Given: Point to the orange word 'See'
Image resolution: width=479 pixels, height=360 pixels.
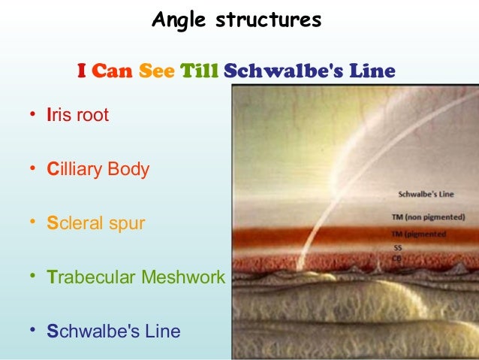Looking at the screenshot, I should [x=157, y=72].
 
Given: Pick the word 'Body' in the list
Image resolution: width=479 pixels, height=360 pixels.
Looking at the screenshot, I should [x=128, y=169].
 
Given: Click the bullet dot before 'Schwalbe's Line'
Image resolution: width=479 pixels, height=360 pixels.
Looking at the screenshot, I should [x=32, y=330].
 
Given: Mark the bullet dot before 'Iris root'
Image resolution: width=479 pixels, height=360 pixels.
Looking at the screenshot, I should [x=32, y=115].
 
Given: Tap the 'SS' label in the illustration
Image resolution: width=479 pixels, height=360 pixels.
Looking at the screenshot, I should [x=398, y=247].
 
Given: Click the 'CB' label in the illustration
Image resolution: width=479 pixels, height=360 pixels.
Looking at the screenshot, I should [x=397, y=258].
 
